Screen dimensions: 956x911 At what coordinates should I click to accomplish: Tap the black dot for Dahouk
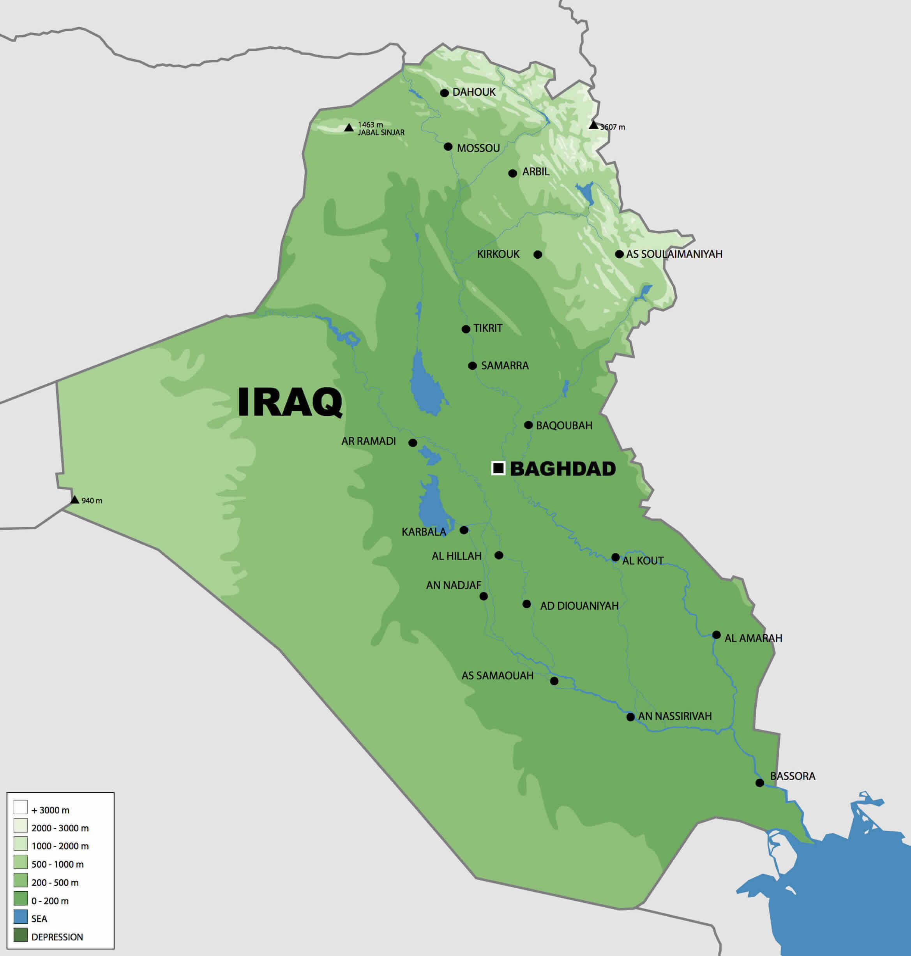click(444, 93)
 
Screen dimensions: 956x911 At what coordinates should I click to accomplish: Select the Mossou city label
click(478, 148)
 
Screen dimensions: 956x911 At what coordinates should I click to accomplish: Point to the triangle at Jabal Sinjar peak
click(349, 128)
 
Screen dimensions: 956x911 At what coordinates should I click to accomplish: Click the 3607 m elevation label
click(613, 127)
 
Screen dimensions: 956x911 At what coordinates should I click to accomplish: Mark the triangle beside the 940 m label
click(74, 499)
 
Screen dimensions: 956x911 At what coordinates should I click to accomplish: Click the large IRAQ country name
click(290, 402)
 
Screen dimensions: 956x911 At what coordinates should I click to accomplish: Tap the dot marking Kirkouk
click(538, 254)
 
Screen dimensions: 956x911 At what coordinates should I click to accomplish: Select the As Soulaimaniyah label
click(674, 254)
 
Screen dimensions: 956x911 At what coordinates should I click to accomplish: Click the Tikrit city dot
click(466, 329)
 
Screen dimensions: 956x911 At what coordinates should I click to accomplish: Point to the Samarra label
click(505, 365)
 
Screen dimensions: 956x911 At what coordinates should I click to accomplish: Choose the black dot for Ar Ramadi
click(413, 443)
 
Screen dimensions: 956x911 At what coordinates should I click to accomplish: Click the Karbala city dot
click(464, 530)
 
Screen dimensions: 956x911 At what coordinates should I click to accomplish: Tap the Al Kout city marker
click(615, 557)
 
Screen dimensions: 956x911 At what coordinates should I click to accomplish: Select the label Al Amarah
click(753, 638)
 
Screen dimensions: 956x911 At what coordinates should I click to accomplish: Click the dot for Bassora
click(759, 783)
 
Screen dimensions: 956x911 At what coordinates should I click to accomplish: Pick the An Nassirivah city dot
click(630, 717)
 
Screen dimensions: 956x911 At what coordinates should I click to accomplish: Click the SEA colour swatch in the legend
click(20, 917)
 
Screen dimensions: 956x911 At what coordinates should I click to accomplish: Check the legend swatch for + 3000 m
click(20, 807)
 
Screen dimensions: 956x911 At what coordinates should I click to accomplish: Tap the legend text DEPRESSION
click(57, 937)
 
